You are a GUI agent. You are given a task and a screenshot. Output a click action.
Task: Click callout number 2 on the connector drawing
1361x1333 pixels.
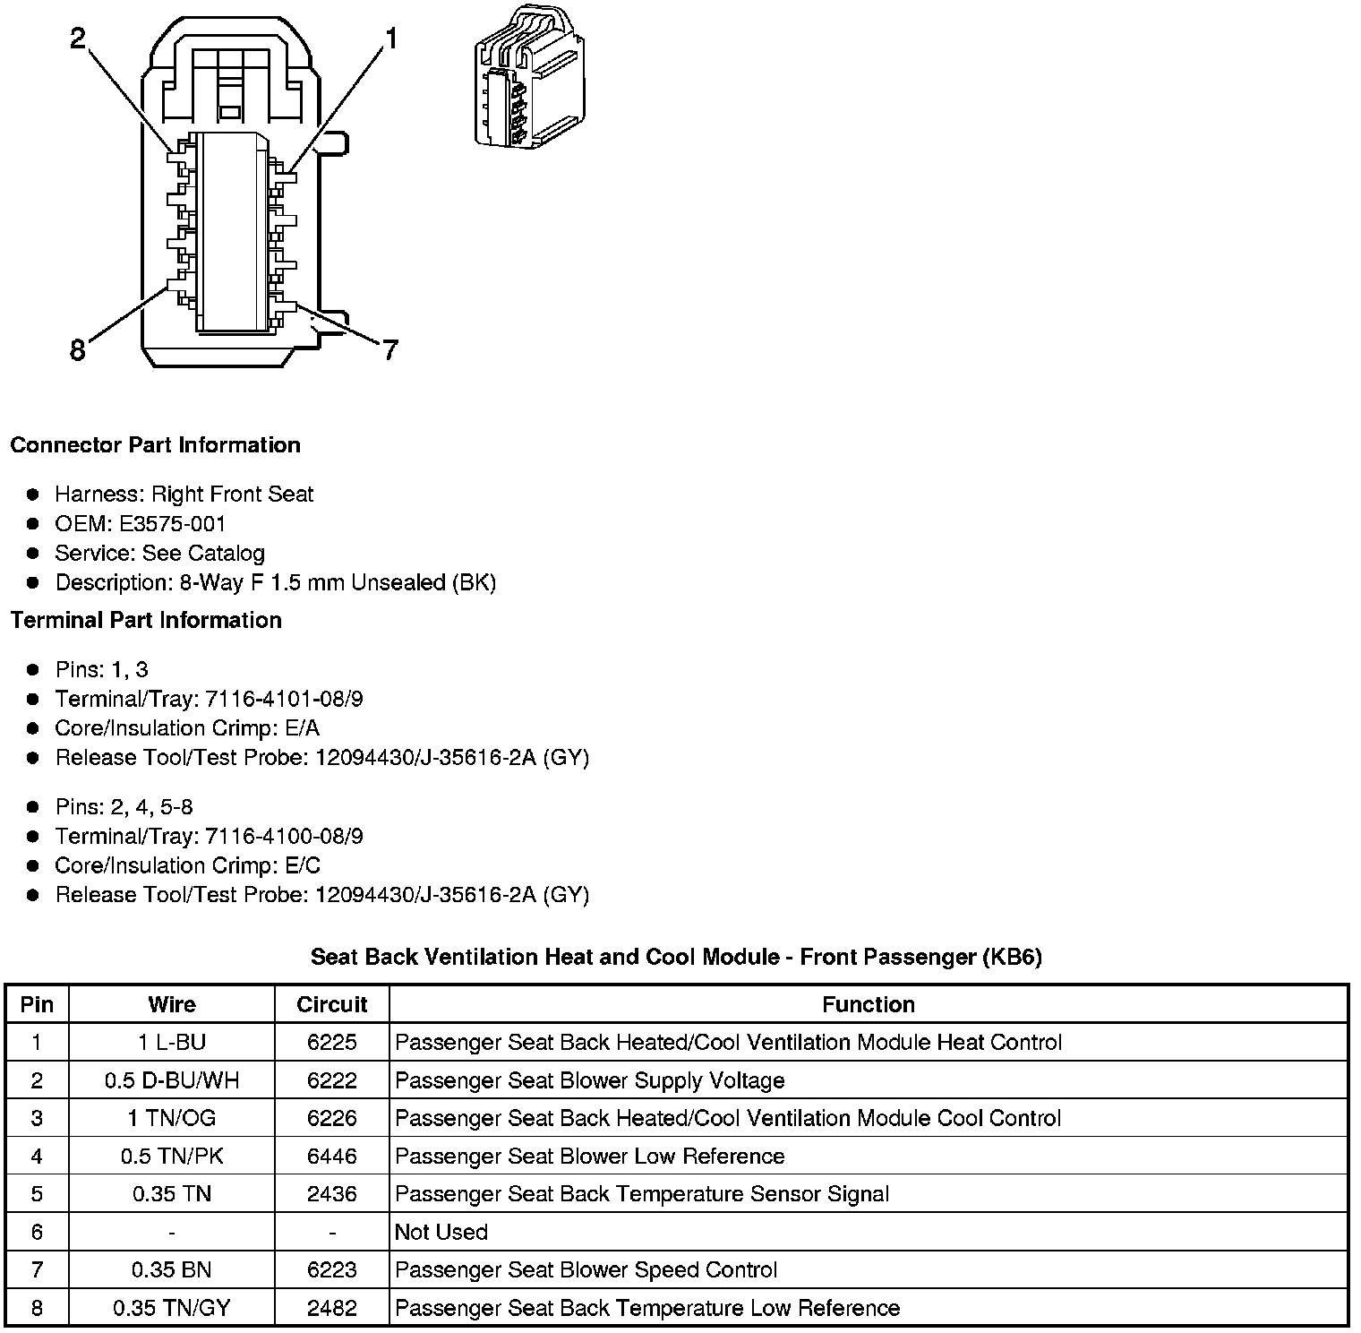79,38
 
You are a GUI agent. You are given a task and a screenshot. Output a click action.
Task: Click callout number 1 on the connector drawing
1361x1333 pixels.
390,38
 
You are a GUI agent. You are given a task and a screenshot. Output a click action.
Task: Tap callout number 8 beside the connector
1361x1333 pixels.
78,349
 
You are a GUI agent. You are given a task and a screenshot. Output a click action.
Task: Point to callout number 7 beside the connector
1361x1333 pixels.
389,349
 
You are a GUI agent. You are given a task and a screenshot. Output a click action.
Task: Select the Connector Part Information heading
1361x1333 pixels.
155,445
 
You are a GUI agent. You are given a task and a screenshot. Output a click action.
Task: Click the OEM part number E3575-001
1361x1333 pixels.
172,523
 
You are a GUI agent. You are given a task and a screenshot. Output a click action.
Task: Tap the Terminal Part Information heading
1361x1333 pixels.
146,620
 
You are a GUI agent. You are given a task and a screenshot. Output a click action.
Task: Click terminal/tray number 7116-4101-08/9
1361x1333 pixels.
284,699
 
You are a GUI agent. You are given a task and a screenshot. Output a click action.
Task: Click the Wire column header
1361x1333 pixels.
171,1004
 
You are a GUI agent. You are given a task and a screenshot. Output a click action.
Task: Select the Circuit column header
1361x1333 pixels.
332,1004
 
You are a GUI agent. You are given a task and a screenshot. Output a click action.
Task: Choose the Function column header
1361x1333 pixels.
868,1004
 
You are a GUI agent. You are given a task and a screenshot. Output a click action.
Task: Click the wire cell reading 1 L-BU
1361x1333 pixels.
171,1043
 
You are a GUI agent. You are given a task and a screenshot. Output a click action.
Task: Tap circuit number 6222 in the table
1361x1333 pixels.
332,1080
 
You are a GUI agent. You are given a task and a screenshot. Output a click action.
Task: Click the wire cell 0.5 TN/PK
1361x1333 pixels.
171,1157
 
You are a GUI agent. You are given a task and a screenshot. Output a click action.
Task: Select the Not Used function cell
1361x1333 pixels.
441,1232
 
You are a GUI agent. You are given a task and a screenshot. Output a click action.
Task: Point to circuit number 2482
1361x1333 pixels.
332,1308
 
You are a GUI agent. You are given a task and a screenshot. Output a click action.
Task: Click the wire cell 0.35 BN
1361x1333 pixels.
171,1269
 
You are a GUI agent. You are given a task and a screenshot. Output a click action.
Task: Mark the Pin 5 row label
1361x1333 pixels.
37,1194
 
